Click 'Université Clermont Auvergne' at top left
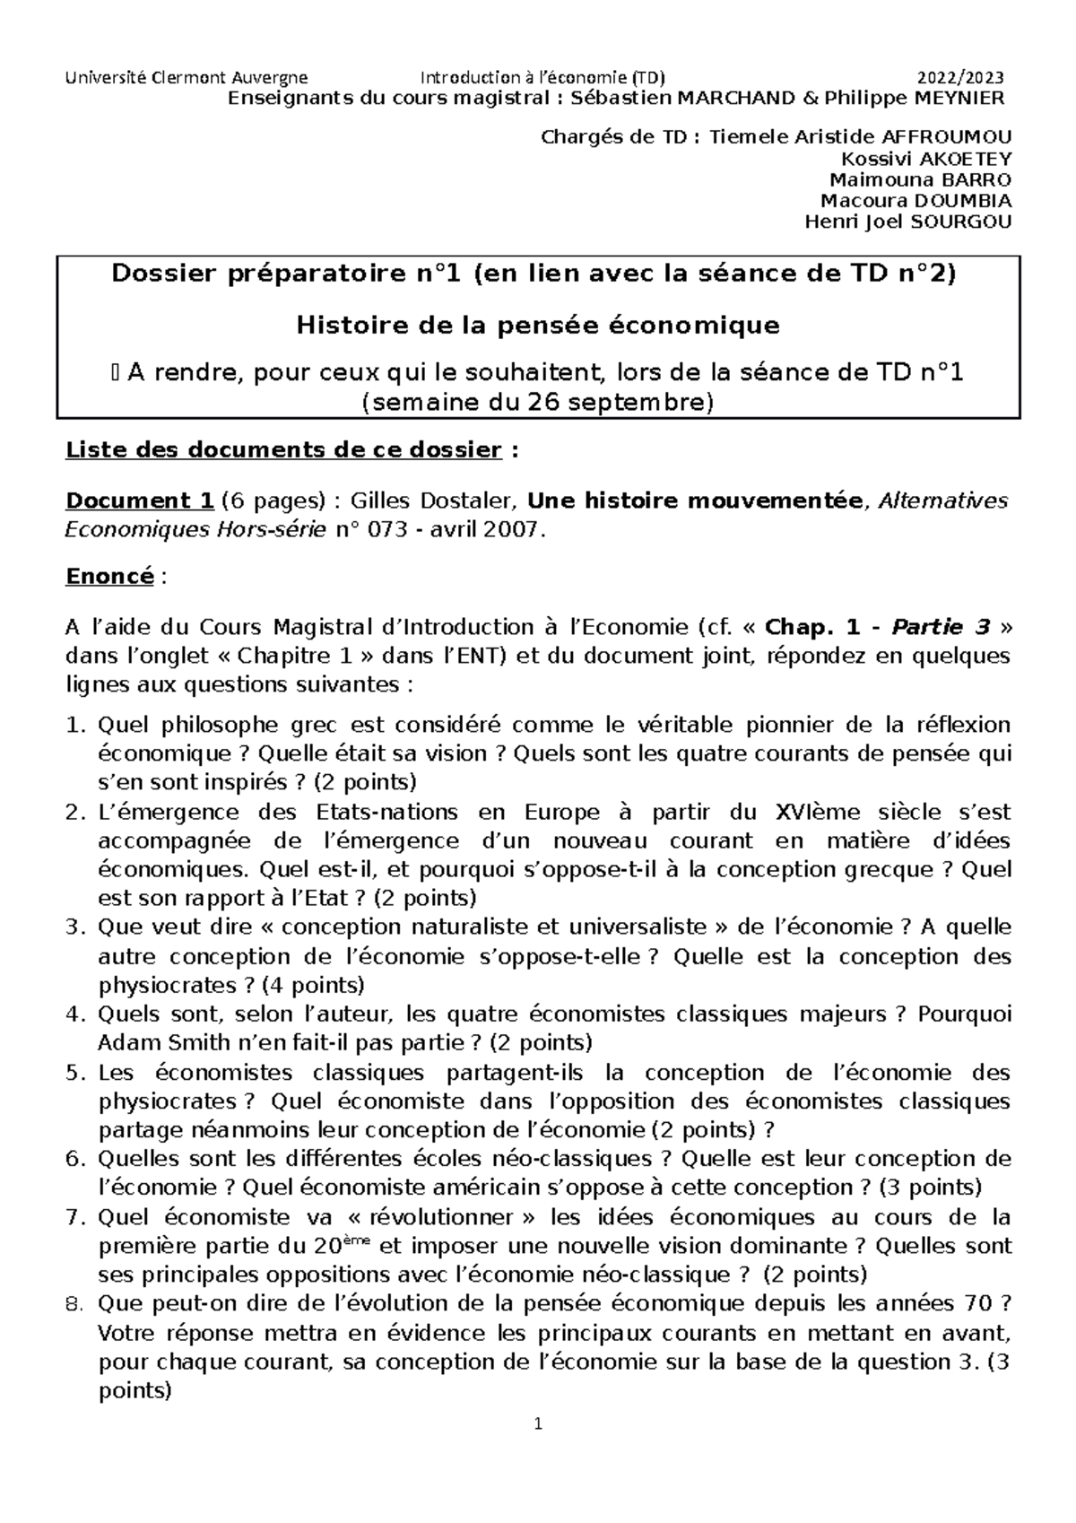click(x=187, y=77)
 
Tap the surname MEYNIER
click(x=959, y=98)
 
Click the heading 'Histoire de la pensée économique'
click(x=538, y=326)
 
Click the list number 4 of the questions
click(x=74, y=1014)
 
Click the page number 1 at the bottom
click(x=538, y=1423)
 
